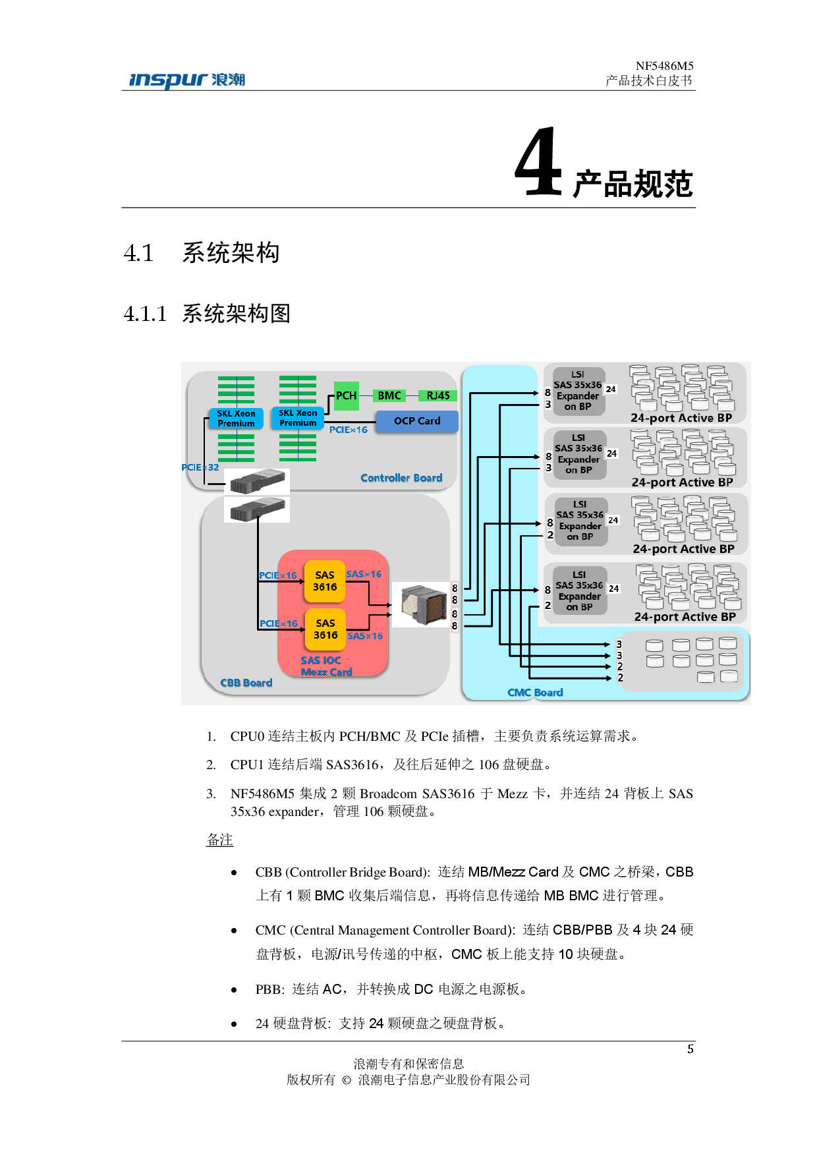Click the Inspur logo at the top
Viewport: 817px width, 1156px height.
[187, 80]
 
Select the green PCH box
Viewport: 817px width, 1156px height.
[346, 395]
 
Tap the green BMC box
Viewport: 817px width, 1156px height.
[389, 395]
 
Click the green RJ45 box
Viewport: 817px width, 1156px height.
[437, 395]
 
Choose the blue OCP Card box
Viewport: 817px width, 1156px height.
[416, 421]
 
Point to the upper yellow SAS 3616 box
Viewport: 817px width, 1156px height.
[325, 581]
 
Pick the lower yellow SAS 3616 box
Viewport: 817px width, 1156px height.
[325, 629]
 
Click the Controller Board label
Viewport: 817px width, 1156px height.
[401, 478]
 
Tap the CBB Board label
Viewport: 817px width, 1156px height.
[246, 683]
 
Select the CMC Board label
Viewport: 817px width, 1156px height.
[535, 693]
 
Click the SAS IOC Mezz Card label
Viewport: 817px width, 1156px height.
[325, 666]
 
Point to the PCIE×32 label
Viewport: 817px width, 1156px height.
[200, 467]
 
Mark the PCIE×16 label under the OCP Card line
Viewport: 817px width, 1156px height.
[349, 430]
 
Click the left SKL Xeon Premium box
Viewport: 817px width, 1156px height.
[236, 419]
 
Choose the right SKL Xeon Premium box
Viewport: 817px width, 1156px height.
[298, 418]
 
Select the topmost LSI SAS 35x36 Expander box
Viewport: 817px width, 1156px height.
[578, 391]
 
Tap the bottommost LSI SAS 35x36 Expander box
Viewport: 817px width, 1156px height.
[579, 591]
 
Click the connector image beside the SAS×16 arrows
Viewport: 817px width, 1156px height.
[424, 604]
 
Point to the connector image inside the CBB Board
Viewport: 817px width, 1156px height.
[257, 509]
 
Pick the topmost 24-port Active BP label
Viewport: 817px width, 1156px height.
[681, 418]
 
